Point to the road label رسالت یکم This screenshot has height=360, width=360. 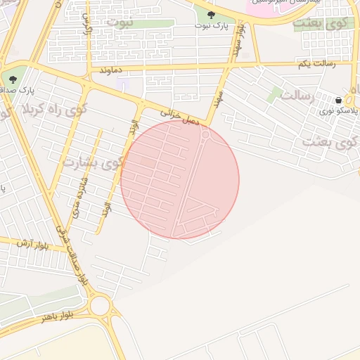pyautogui.click(x=316, y=64)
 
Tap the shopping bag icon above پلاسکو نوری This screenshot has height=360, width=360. pyautogui.click(x=340, y=100)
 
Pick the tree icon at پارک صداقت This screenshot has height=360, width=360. pyautogui.click(x=13, y=79)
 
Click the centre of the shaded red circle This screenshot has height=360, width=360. pyautogui.click(x=180, y=179)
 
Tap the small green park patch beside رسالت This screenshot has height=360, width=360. pyautogui.click(x=274, y=95)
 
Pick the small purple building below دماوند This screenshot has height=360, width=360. pyautogui.click(x=123, y=85)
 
